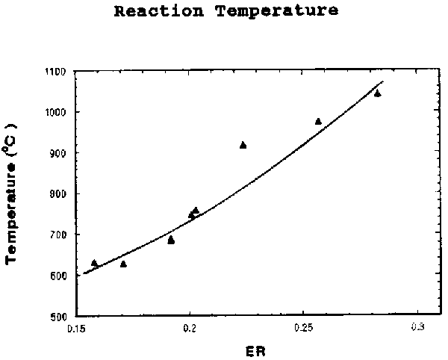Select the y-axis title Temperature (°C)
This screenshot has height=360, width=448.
pyautogui.click(x=13, y=195)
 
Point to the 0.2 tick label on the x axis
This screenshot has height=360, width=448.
pyautogui.click(x=190, y=328)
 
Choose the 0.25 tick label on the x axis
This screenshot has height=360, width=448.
pyautogui.click(x=303, y=328)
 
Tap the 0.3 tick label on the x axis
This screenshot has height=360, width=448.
pyautogui.click(x=417, y=328)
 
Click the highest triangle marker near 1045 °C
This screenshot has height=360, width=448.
pyautogui.click(x=377, y=93)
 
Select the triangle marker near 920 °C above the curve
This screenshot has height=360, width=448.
pyautogui.click(x=243, y=145)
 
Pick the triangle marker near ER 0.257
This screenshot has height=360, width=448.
pyautogui.click(x=318, y=121)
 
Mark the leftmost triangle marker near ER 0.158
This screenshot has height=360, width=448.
pyautogui.click(x=94, y=263)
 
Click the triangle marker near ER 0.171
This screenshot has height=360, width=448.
pyautogui.click(x=123, y=264)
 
